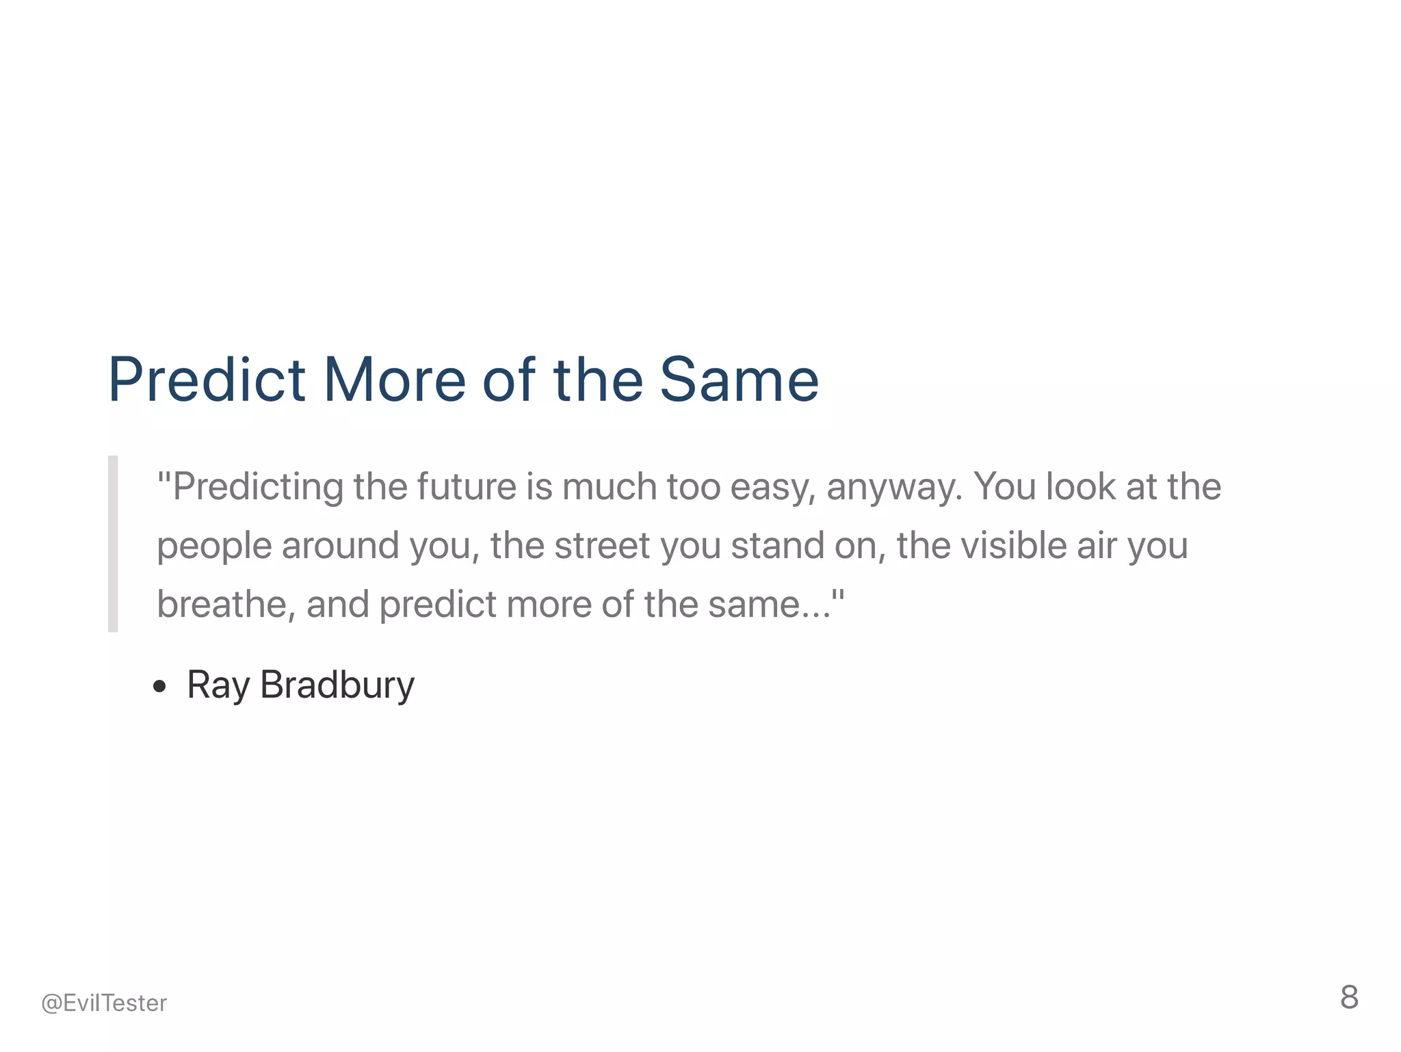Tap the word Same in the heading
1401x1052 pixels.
coord(739,380)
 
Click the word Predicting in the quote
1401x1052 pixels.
coord(258,488)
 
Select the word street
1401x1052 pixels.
coord(602,546)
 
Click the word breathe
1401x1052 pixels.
coord(226,605)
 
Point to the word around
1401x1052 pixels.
coord(340,546)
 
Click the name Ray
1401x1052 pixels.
coord(218,685)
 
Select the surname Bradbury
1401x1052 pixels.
coord(337,685)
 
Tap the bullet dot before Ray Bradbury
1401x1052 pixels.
coord(160,687)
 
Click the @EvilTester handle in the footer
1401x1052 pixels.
coord(104,1003)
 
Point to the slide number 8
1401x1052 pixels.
coord(1349,997)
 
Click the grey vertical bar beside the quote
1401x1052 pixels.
coord(113,544)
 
